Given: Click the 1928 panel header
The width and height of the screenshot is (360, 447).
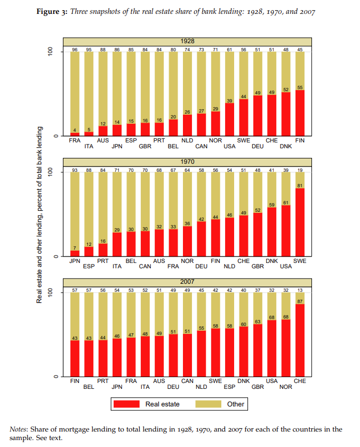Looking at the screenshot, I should [x=187, y=41].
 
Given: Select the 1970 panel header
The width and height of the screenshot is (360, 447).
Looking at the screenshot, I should [x=187, y=162].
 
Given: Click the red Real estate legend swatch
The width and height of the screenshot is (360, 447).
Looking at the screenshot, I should [x=126, y=404].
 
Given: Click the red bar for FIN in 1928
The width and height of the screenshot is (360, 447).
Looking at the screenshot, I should [x=300, y=113].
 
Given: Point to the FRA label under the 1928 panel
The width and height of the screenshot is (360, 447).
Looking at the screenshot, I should [x=75, y=140].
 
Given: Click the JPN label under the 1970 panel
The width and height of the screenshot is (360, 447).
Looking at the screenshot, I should [x=75, y=261].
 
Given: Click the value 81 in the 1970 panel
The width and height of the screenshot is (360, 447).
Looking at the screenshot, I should [x=300, y=186].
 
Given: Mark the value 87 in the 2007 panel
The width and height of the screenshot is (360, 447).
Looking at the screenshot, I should [x=300, y=301].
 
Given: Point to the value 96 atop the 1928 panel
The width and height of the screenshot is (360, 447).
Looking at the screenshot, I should [x=75, y=50].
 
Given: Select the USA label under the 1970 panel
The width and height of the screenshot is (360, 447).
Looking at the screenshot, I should [x=286, y=266].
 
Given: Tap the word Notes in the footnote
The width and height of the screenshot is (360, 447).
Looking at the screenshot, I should [x=20, y=429].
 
